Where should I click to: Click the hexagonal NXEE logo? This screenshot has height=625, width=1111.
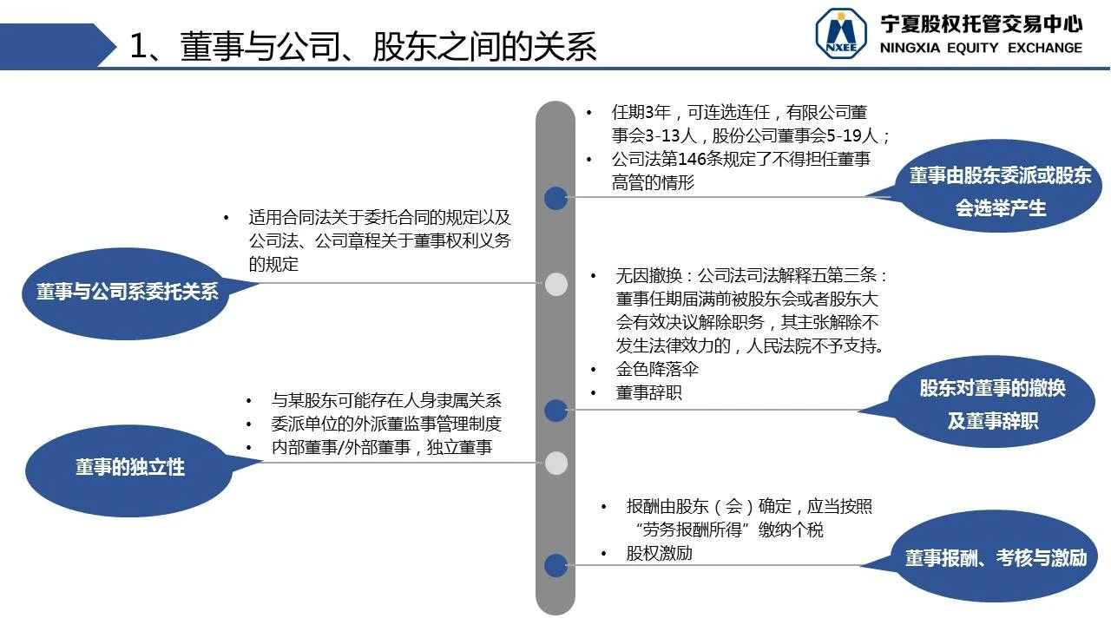pos(841,33)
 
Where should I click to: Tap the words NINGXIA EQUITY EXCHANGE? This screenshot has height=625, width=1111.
pos(981,48)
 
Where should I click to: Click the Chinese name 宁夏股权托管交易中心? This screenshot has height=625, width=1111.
pos(981,23)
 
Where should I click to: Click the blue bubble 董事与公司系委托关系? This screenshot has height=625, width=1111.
pos(127,293)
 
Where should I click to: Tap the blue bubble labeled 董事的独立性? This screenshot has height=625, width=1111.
pos(130,469)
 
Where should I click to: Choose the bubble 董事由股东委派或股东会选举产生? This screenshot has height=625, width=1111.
pos(999,187)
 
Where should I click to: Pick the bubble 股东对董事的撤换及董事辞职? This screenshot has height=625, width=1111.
pos(992,402)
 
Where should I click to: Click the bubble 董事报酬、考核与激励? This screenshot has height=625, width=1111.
pos(996,557)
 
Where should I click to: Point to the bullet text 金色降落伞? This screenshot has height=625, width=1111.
pos(657,369)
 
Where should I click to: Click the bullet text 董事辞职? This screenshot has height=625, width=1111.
pos(648,393)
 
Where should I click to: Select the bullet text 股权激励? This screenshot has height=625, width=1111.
pos(659,553)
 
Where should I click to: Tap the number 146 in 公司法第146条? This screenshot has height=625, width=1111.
pos(692,159)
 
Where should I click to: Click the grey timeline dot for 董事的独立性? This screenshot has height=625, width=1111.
pos(556,463)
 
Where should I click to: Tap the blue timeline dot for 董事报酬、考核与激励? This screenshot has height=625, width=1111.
pos(556,565)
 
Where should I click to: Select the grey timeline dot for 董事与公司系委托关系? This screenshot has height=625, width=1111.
pos(556,284)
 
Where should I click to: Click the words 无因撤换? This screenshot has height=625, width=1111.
pos(648,275)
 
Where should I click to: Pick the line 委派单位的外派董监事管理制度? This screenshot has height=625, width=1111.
pos(386,424)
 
